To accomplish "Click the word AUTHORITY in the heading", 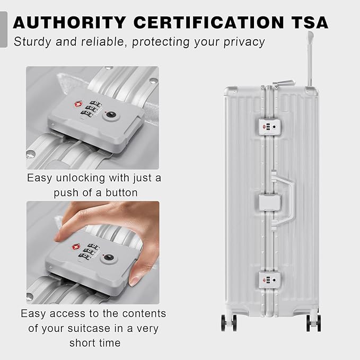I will coord(69,22).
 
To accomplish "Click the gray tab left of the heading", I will coord(3,29).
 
